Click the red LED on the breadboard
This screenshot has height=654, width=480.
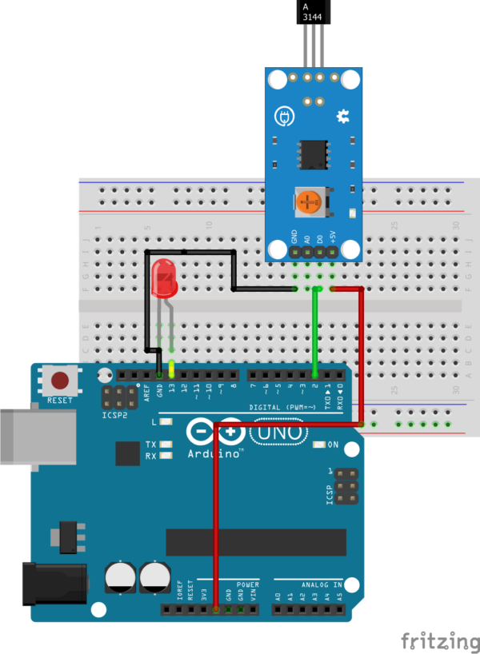point(163,280)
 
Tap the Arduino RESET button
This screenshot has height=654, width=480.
point(59,381)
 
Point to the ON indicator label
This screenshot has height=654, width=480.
point(333,445)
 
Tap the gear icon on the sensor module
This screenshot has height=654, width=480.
point(343,117)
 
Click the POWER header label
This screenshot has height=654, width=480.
point(248,585)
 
